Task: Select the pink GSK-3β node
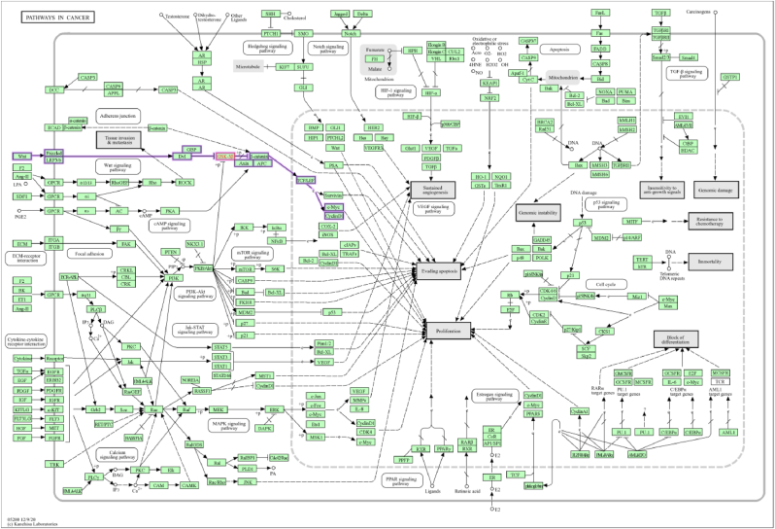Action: pyautogui.click(x=223, y=156)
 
